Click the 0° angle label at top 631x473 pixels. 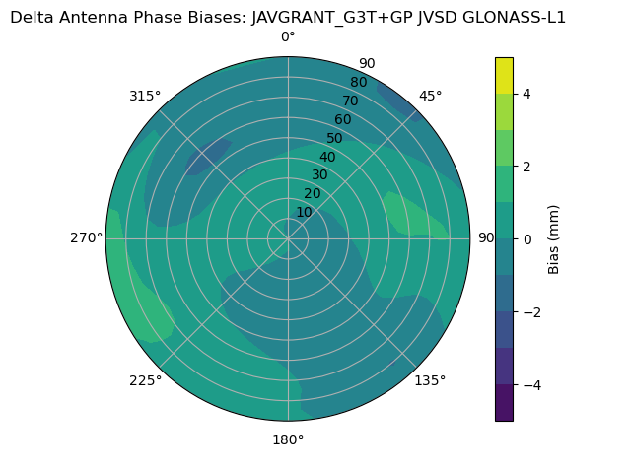click(288, 37)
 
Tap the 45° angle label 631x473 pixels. click(430, 96)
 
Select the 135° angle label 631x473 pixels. click(430, 380)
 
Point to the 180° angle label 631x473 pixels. click(288, 439)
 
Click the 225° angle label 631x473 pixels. click(145, 380)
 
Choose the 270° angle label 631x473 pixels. click(87, 238)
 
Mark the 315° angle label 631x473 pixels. click(145, 96)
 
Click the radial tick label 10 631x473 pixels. click(304, 212)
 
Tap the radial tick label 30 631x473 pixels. click(319, 175)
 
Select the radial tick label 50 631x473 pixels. click(334, 139)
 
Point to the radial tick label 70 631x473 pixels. click(350, 101)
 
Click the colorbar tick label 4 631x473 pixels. click(526, 94)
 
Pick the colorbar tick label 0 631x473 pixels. click(526, 239)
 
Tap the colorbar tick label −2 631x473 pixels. click(529, 312)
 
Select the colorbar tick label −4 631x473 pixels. click(529, 385)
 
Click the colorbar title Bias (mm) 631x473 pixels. click(554, 239)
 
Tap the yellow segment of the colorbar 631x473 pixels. click(504, 76)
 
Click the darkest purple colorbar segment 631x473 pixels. click(504, 403)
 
